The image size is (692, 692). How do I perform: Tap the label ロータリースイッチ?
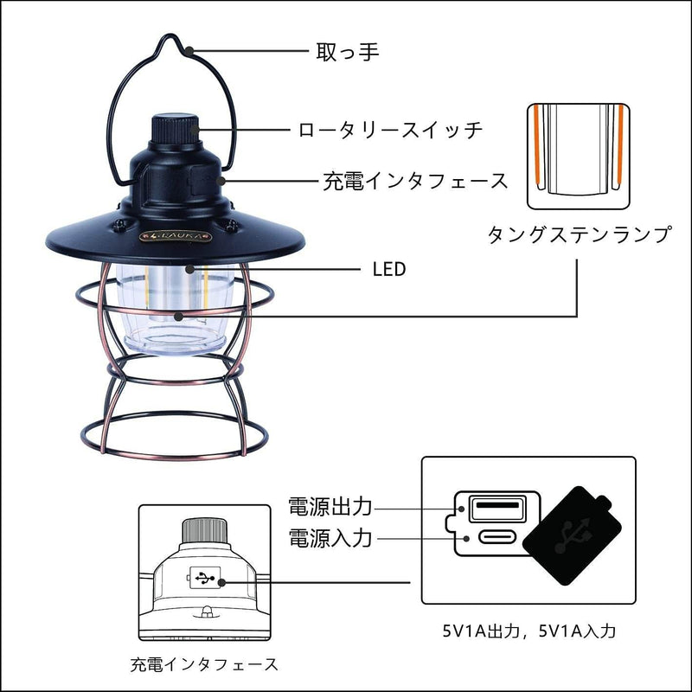point(389,131)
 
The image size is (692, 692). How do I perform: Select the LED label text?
point(388,269)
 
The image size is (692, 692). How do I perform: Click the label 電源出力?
point(329,505)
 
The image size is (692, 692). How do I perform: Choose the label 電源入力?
point(329,538)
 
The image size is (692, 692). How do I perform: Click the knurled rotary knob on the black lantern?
point(176,130)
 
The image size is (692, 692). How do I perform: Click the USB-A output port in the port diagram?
point(497,505)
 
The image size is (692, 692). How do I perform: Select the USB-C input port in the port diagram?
point(497,538)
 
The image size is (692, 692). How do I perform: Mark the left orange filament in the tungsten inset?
point(538,148)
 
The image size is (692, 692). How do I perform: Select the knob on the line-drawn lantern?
point(206,529)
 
